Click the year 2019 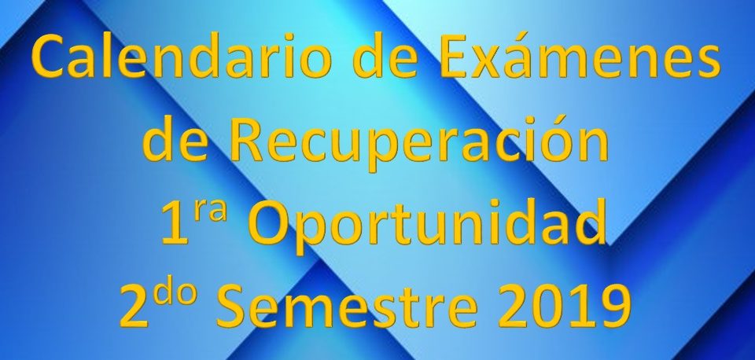tap(565, 307)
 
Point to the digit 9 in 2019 tap(617, 307)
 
